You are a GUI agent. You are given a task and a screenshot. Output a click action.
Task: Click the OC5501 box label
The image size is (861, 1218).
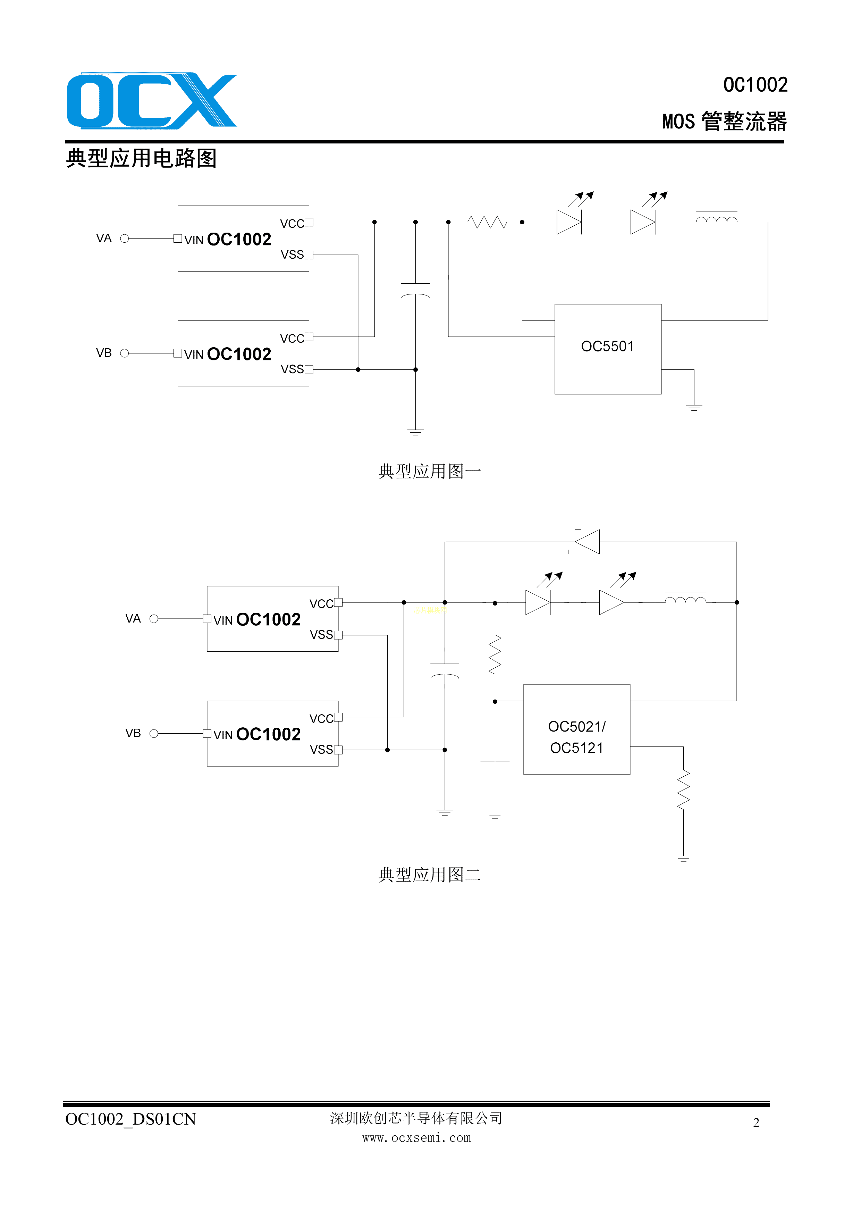608,347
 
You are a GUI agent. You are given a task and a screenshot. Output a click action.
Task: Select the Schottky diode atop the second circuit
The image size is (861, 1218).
586,542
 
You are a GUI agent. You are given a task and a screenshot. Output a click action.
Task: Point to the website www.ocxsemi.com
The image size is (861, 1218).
417,1138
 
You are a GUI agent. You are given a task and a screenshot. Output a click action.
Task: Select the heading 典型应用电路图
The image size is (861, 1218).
142,158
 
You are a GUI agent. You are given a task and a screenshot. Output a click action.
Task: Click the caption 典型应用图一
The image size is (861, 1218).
429,471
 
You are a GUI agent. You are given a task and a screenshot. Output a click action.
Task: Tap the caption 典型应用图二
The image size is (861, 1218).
429,875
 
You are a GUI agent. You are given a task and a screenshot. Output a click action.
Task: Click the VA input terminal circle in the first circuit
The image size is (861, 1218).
125,239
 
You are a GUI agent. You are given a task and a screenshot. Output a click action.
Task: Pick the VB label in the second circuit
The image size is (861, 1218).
133,733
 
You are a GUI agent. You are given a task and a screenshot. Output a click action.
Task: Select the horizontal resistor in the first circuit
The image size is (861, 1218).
487,222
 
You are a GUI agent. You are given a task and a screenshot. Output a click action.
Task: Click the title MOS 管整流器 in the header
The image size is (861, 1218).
725,122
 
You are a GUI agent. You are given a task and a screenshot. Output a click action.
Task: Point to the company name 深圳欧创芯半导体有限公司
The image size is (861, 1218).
416,1118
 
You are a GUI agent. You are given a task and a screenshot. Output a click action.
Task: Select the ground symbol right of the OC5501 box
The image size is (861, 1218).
694,407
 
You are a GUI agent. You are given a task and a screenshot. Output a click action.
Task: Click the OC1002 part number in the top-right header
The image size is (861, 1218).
756,85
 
